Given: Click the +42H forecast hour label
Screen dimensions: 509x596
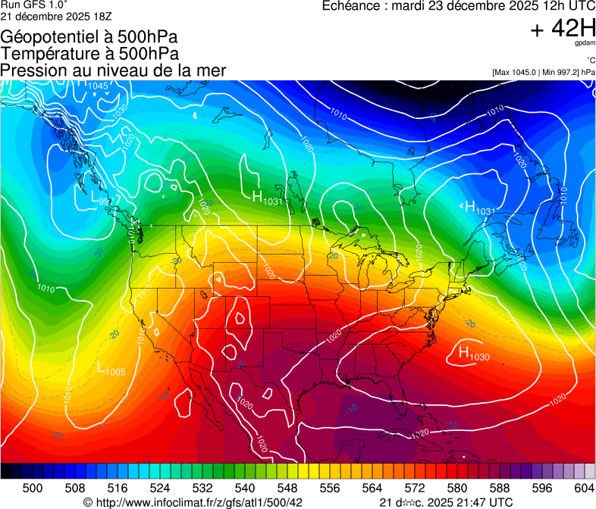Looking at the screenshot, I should pyautogui.click(x=563, y=30).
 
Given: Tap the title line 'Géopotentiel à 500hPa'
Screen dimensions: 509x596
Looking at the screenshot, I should pyautogui.click(x=89, y=36).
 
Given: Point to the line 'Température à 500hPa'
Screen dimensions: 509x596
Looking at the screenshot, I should pyautogui.click(x=89, y=53).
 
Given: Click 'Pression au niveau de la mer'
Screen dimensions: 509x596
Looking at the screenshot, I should pyautogui.click(x=113, y=70).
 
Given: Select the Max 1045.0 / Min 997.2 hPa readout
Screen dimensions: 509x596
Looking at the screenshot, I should pyautogui.click(x=543, y=73).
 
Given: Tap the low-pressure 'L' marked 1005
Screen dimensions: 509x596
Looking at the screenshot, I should pyautogui.click(x=102, y=369).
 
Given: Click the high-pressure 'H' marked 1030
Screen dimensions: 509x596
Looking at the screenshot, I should pyautogui.click(x=463, y=352).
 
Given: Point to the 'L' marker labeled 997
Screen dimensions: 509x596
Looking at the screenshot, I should pyautogui.click(x=85, y=198).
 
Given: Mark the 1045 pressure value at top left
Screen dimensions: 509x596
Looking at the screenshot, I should pyautogui.click(x=98, y=86).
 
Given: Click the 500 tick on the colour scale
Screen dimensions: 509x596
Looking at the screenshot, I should pyautogui.click(x=33, y=487).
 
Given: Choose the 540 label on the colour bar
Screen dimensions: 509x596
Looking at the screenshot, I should pyautogui.click(x=245, y=487).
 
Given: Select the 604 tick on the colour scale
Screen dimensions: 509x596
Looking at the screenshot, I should pyautogui.click(x=584, y=487).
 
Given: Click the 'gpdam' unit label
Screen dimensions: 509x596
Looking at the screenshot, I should pyautogui.click(x=585, y=44).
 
